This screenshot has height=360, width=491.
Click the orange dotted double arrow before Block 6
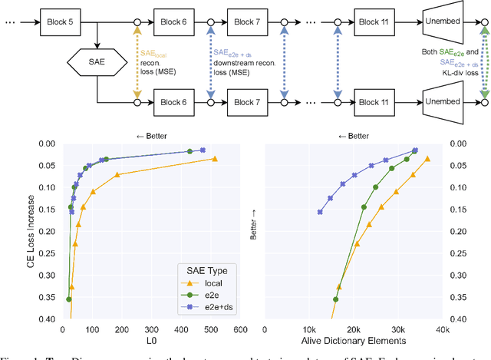pyautogui.click(x=137, y=61)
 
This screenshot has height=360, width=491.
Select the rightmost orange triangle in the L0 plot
pyautogui.click(x=215, y=159)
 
